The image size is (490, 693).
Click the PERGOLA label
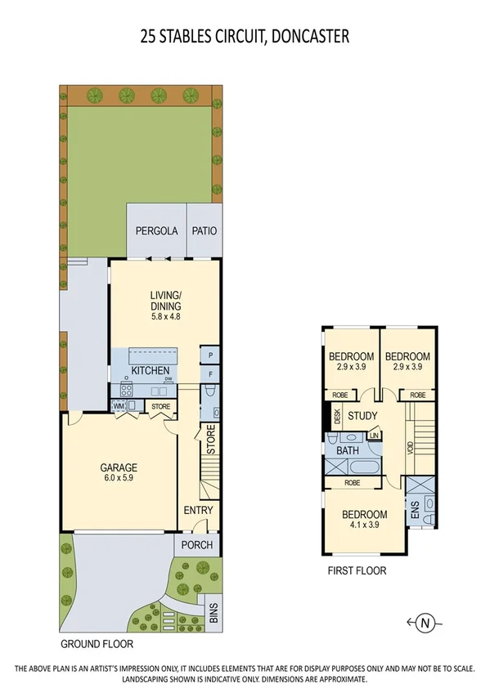[x=156, y=230]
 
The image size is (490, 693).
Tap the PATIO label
[x=205, y=230]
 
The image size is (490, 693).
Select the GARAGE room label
[x=118, y=468]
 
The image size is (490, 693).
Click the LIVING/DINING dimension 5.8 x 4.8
[x=164, y=316]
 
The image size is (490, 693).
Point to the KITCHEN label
[x=150, y=370]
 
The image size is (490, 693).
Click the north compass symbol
[x=425, y=624]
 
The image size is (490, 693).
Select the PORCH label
[x=197, y=545]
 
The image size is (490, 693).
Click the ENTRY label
[x=198, y=511]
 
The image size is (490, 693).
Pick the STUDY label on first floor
[x=362, y=416]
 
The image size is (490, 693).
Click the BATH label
[x=348, y=450]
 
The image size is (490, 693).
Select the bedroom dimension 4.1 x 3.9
[x=364, y=525]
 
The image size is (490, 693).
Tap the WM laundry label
[x=118, y=405]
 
